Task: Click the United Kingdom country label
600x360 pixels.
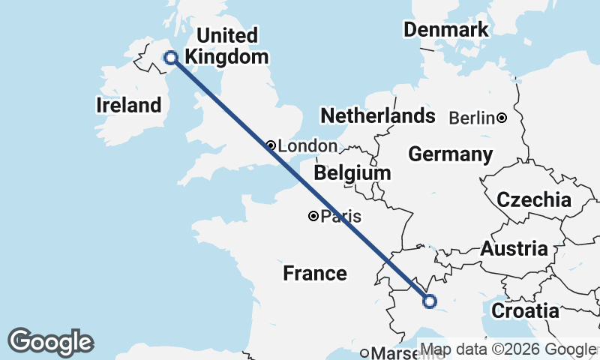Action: click(226, 46)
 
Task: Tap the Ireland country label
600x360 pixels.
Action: click(129, 105)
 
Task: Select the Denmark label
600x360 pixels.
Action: click(446, 30)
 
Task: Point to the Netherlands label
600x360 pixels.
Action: click(378, 115)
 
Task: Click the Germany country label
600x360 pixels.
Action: click(450, 154)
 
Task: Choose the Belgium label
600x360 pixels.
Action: click(352, 173)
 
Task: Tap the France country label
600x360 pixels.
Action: click(315, 274)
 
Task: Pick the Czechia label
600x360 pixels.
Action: click(535, 200)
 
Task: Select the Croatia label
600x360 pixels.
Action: click(526, 310)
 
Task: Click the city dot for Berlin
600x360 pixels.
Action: click(501, 118)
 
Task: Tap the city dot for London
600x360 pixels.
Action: click(271, 145)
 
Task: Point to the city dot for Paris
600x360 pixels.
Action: click(313, 217)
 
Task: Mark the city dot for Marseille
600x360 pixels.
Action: click(365, 353)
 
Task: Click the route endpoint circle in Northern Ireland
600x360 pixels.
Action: click(170, 57)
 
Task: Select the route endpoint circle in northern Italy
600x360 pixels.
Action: click(430, 301)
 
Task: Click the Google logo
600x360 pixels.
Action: click(51, 342)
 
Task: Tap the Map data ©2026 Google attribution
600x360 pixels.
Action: click(508, 349)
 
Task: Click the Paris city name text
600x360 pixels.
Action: click(341, 217)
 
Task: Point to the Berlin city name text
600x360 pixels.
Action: click(472, 118)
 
